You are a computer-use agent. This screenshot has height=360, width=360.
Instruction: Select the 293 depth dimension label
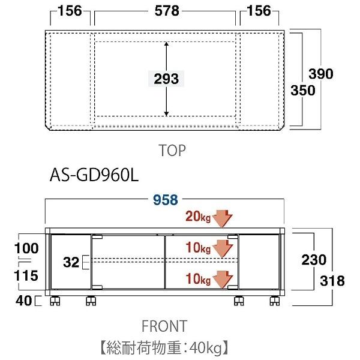click(x=166, y=79)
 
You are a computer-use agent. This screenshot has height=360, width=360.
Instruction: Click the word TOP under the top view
click(x=173, y=150)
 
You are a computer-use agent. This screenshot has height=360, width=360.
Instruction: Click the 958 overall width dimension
click(x=166, y=201)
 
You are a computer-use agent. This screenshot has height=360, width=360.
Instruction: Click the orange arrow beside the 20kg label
click(x=223, y=218)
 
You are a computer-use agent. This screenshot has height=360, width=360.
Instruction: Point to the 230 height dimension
click(x=314, y=260)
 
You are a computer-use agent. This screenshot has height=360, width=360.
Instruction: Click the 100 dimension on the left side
click(x=28, y=248)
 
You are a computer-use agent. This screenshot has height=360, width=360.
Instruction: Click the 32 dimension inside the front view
click(x=71, y=262)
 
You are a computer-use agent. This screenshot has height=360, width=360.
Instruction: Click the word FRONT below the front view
click(x=164, y=326)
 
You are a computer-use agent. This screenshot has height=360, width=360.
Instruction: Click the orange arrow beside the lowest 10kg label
click(x=223, y=279)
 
